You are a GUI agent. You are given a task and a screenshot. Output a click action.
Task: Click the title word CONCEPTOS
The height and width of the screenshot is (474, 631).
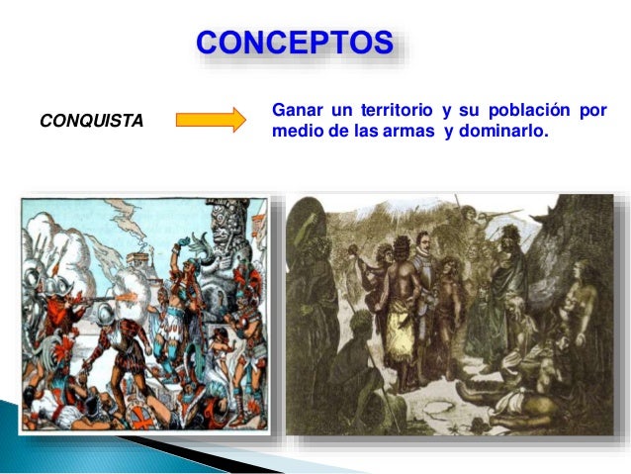295,45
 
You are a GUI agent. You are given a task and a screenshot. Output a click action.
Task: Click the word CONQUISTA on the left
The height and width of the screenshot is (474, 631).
91,121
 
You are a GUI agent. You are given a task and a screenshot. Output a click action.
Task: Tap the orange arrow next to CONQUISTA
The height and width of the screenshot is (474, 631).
210,120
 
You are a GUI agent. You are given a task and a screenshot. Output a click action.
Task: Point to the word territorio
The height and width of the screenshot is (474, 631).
393,111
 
